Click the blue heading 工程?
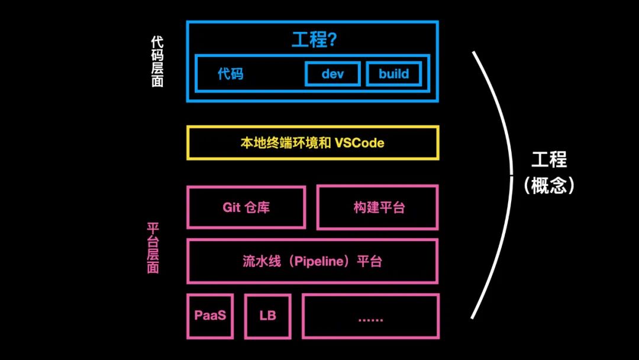coord(314,40)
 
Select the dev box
coord(333,74)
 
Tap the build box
coord(394,74)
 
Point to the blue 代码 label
coord(230,74)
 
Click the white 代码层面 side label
coord(157,61)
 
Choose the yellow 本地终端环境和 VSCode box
coord(312,143)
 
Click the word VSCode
coord(359,143)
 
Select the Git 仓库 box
coord(246,207)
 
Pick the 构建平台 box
coord(377,207)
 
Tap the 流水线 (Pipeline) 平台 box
coord(312,261)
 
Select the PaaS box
coord(210,316)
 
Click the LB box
coord(267,316)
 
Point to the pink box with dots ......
coord(371,317)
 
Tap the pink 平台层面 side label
coord(153,248)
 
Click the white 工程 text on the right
coord(548,160)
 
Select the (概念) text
coord(548,186)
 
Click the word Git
coord(231,207)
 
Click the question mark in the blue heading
coord(332,40)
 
